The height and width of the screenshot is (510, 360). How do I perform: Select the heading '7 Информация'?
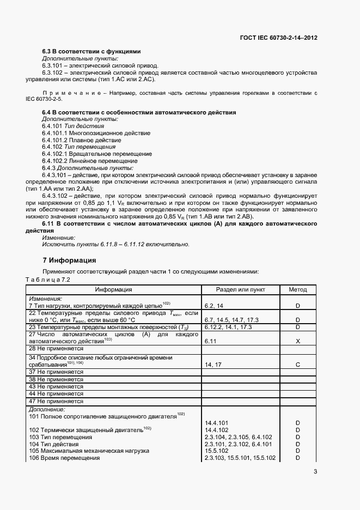click(69, 260)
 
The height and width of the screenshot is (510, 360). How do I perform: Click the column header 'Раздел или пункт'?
click(240, 290)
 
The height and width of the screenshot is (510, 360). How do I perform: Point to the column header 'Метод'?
click(297, 290)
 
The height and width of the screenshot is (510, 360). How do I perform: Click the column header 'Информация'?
click(114, 290)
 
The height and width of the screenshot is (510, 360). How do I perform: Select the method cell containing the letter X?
click(297, 341)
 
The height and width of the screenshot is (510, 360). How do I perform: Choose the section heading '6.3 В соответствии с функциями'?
click(91, 51)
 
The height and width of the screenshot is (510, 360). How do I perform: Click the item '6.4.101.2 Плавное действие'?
click(78, 139)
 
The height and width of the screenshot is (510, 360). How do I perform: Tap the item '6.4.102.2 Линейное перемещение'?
click(86, 161)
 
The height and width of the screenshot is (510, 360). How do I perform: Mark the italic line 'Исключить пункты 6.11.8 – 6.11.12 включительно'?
click(116, 245)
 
